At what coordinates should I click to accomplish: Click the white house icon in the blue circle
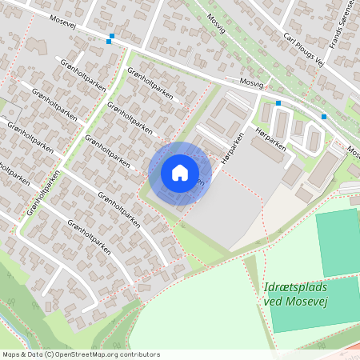point(180,172)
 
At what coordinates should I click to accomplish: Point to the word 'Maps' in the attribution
point(12,354)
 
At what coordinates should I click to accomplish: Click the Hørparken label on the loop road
point(265,129)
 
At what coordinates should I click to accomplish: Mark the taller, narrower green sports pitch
point(338,241)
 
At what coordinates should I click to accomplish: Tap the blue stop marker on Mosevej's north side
point(112,36)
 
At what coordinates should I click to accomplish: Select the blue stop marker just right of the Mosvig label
point(278,103)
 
